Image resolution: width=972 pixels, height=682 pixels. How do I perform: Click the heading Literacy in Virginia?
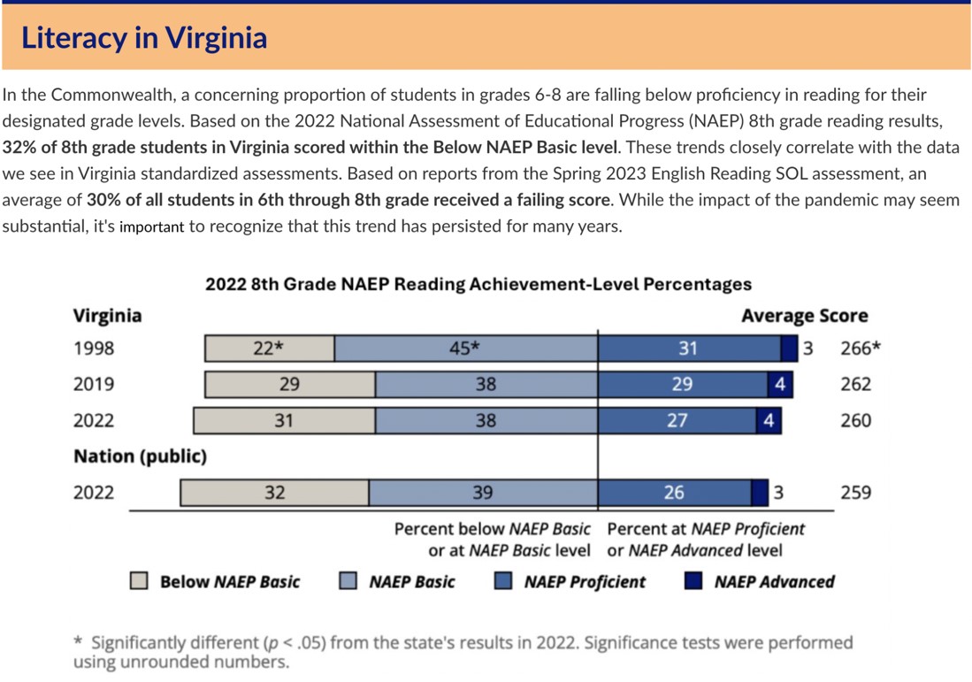[x=144, y=37]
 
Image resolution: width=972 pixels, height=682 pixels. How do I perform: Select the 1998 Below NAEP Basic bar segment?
[x=269, y=349]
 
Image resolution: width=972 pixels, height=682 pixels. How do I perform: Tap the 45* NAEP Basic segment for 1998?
[x=465, y=349]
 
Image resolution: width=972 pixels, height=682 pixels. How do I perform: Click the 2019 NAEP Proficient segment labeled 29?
[x=682, y=385]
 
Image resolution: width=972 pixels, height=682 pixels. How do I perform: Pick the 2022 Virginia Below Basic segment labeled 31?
[x=283, y=421]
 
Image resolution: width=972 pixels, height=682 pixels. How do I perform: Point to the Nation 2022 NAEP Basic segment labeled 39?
[x=483, y=493]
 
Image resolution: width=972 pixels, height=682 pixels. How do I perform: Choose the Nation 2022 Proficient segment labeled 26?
[x=674, y=493]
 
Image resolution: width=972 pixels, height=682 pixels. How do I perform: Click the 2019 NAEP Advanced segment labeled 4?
[x=779, y=385]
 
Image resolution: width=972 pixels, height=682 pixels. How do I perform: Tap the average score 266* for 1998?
[x=861, y=349]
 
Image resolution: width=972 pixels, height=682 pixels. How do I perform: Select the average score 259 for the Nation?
[x=855, y=493]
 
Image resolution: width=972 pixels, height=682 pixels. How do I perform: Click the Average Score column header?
[x=804, y=316]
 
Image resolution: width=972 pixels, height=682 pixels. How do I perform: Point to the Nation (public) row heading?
[x=140, y=456]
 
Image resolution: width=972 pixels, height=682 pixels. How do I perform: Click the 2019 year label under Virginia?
[x=94, y=385]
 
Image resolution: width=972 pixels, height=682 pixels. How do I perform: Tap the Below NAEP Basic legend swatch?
[x=139, y=581]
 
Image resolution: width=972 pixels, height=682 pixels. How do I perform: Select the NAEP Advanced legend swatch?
[x=693, y=581]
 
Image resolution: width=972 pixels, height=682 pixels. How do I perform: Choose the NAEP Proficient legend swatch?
[x=503, y=581]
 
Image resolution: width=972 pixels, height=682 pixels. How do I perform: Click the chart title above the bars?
[x=478, y=284]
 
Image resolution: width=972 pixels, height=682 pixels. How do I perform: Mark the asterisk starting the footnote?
[x=78, y=641]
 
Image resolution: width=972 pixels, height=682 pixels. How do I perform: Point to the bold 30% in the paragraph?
[x=103, y=200]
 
